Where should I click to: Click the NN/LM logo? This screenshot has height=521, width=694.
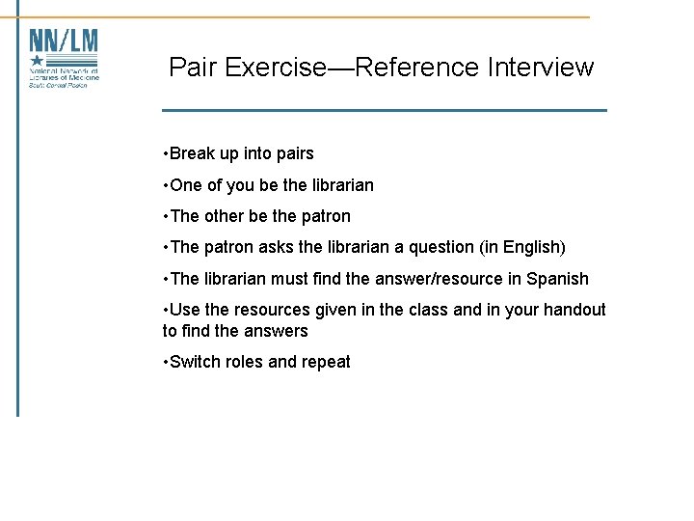(x=64, y=58)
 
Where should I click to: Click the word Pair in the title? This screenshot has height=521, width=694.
(x=191, y=68)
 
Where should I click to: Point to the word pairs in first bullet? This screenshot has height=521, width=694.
(x=292, y=154)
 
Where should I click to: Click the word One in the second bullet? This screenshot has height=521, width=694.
(x=185, y=185)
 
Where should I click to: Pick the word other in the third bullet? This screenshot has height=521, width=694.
(x=224, y=216)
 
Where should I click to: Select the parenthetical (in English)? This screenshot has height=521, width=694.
(x=521, y=248)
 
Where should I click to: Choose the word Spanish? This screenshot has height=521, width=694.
(x=557, y=280)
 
